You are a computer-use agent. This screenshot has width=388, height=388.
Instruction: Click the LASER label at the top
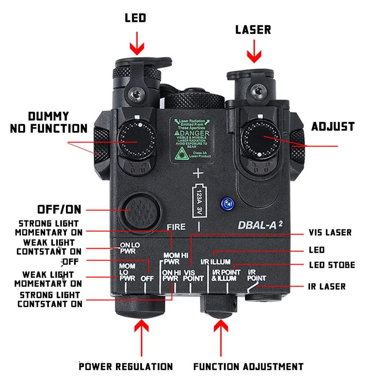[253, 30]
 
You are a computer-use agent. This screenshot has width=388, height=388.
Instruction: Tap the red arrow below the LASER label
[253, 52]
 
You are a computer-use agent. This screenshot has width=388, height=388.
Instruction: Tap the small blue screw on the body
[225, 202]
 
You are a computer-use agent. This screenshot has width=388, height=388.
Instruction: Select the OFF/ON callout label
[59, 210]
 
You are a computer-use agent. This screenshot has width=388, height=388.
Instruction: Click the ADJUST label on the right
[333, 127]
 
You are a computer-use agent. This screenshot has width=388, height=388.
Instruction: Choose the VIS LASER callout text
[330, 233]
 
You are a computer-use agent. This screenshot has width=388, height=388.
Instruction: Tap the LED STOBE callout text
[332, 265]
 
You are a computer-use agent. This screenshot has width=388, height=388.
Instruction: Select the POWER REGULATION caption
[126, 366]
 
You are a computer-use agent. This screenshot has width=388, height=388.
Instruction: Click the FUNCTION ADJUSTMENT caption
[248, 366]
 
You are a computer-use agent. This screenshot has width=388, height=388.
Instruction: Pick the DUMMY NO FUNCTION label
[48, 123]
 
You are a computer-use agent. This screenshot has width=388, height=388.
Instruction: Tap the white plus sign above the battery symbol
[198, 173]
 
